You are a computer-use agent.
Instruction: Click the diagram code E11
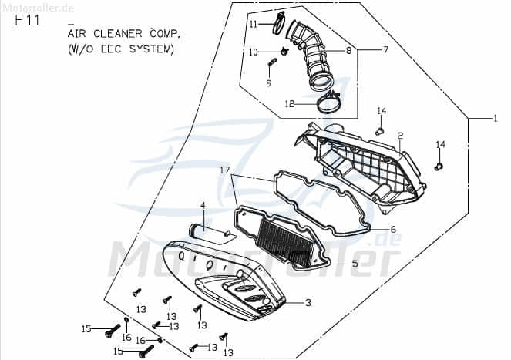pos(28,21)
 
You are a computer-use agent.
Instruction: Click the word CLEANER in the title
pos(118,34)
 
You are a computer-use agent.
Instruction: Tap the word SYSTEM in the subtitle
pos(152,49)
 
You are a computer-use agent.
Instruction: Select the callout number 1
pos(496,119)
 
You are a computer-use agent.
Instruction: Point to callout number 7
pos(386,50)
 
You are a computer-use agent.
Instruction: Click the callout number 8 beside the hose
pos(349,51)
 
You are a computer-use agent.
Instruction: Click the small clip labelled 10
pos(284,51)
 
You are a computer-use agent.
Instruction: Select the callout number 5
pos(355,263)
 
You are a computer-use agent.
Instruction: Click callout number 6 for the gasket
pos(393,229)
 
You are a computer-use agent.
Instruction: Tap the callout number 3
pos(308,303)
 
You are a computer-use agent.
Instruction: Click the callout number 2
pos(400,136)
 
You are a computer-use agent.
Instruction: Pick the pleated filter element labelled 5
pos(284,243)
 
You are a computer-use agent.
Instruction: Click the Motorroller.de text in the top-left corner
pos(38,8)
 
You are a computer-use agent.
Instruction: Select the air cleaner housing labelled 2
pos(361,167)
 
